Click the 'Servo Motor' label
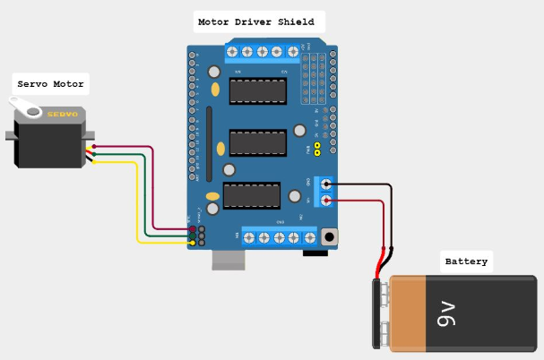51,84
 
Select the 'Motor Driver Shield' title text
256,21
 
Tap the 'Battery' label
466,261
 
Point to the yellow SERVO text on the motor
63,115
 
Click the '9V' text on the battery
447,314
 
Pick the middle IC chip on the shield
258,142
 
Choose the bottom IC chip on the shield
252,195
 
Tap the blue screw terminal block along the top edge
263,51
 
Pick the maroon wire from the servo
153,188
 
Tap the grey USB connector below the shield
229,259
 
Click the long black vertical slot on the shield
208,143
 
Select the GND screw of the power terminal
325,184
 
